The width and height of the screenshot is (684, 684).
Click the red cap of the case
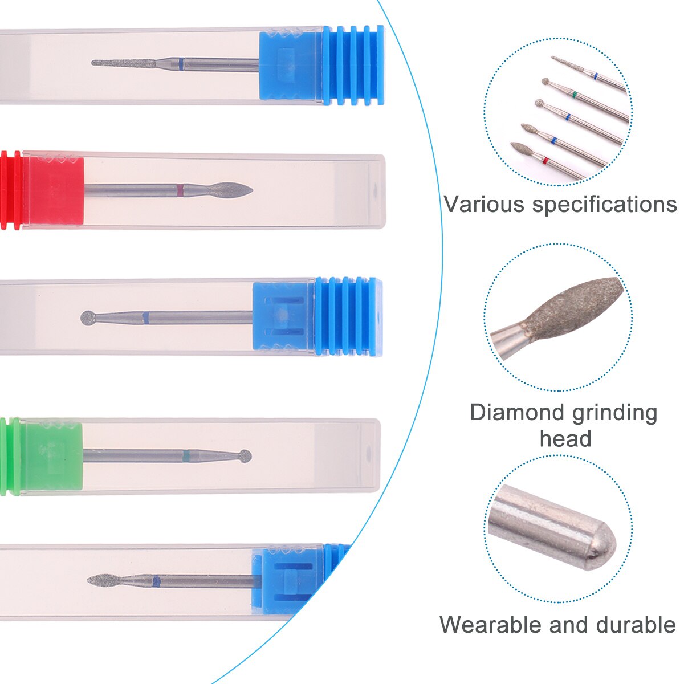pyautogui.click(x=46, y=190)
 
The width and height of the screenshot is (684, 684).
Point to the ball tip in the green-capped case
pyautogui.click(x=245, y=455)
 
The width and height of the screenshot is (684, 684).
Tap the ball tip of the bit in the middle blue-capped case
pyautogui.click(x=88, y=317)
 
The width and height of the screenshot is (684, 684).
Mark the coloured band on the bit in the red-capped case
pyautogui.click(x=181, y=190)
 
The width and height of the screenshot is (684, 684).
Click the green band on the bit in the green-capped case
pyautogui.click(x=186, y=455)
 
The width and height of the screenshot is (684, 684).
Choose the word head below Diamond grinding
pyautogui.click(x=565, y=439)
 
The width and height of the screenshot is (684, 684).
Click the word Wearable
pyautogui.click(x=491, y=625)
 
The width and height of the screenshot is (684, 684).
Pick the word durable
pyautogui.click(x=641, y=625)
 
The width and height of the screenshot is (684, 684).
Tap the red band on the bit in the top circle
pyautogui.click(x=545, y=160)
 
